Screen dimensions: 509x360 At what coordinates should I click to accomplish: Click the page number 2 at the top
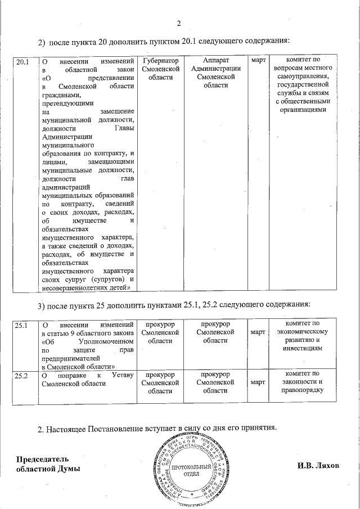click(x=179, y=23)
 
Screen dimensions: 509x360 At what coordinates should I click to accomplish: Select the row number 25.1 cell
click(x=22, y=325)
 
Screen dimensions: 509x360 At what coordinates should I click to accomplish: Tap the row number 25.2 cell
click(x=22, y=374)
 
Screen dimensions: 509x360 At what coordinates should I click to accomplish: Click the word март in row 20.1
click(x=258, y=60)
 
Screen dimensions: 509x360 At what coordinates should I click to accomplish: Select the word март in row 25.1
click(x=258, y=332)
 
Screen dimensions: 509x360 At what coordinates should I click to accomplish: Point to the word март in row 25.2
click(x=258, y=382)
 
